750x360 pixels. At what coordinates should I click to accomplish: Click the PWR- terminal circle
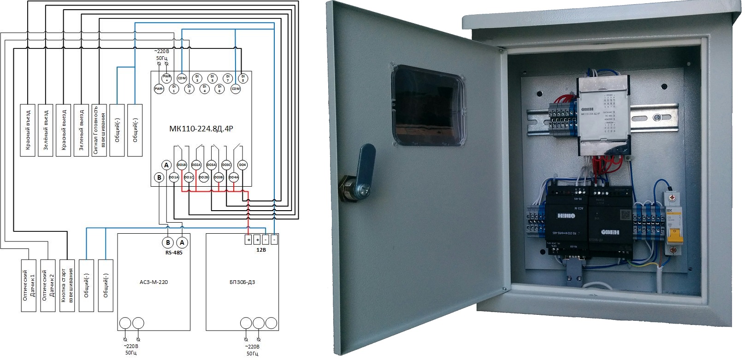pos(159,89)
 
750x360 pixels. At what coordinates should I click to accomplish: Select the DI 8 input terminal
pos(242,78)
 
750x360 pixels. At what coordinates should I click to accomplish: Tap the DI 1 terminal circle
pos(174,89)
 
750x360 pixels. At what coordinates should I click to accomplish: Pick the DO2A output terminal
pos(196,165)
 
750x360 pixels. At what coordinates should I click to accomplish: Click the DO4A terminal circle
pos(234,177)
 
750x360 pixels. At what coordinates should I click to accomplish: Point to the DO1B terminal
pos(181,165)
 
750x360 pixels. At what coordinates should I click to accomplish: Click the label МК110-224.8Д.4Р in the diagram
pos(201,129)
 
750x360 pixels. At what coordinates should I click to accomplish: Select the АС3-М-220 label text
pos(154,282)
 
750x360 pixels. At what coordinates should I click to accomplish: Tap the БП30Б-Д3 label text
pos(242,282)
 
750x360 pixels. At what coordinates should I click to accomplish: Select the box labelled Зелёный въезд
pos(46,130)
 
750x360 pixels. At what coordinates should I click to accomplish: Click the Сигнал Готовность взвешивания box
pos(99,130)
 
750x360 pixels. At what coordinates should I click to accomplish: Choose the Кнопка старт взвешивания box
pos(67,285)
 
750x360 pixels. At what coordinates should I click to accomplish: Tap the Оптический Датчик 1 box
pos(29,285)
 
